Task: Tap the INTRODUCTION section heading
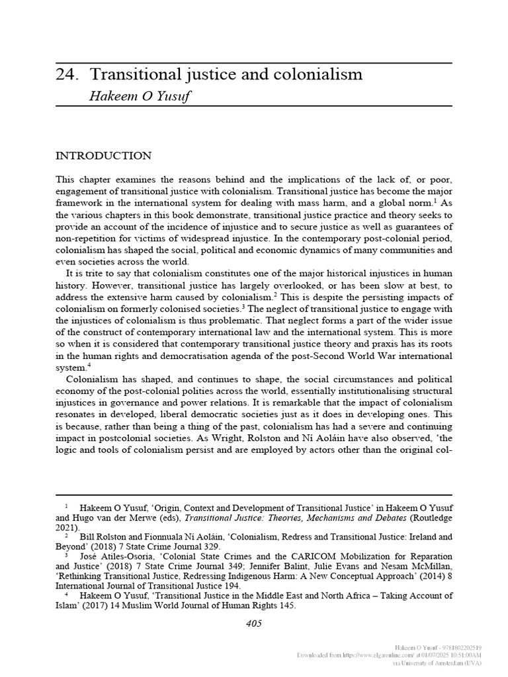click(x=103, y=156)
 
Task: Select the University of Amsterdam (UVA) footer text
click(x=443, y=662)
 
